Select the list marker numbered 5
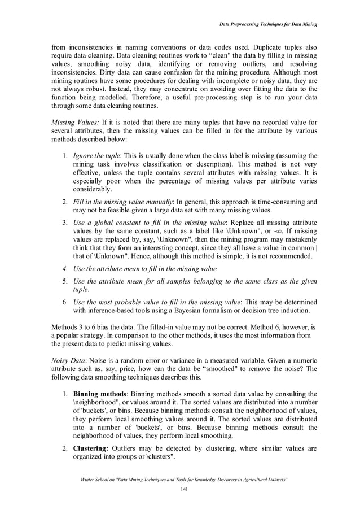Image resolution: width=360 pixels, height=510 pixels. pyautogui.click(x=65, y=281)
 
